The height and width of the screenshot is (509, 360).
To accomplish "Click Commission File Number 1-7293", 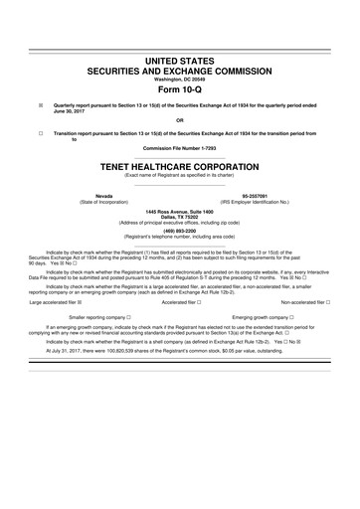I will [180, 149].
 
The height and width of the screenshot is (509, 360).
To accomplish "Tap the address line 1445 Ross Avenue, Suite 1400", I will [180, 211].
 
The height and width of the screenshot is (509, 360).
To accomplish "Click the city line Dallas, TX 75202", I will [180, 217].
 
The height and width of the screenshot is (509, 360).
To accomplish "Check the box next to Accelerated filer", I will [200, 329].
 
